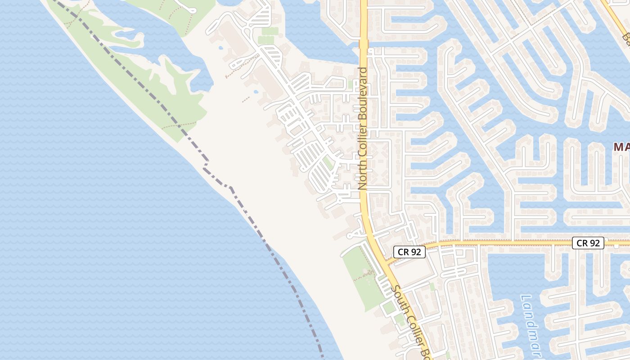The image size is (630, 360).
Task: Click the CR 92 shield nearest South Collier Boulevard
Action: pyautogui.click(x=409, y=252)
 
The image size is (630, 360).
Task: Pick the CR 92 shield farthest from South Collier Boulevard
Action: pyautogui.click(x=588, y=243)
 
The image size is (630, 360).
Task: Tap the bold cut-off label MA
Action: pyautogui.click(x=621, y=147)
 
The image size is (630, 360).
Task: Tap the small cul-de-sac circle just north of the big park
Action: pyautogui.click(x=351, y=235)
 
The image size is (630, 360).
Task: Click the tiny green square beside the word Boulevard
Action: pyautogui.click(x=351, y=84)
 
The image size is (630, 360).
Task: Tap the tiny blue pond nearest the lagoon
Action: pyautogui.click(x=221, y=47)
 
